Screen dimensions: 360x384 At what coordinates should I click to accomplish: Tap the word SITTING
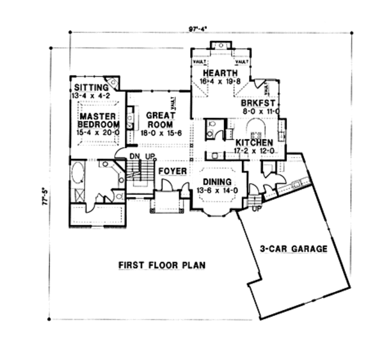91,88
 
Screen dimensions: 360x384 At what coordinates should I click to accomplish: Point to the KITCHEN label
254,142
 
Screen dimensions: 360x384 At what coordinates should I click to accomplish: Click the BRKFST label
259,102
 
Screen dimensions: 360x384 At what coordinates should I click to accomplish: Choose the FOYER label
172,171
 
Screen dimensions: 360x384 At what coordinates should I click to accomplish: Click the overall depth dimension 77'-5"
43,192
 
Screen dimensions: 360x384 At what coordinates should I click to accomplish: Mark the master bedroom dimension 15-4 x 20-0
98,132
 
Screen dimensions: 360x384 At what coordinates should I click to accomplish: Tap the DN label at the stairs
134,156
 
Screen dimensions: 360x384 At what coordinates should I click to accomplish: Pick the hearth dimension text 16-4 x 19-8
220,82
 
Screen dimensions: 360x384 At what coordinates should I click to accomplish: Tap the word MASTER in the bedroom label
97,116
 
